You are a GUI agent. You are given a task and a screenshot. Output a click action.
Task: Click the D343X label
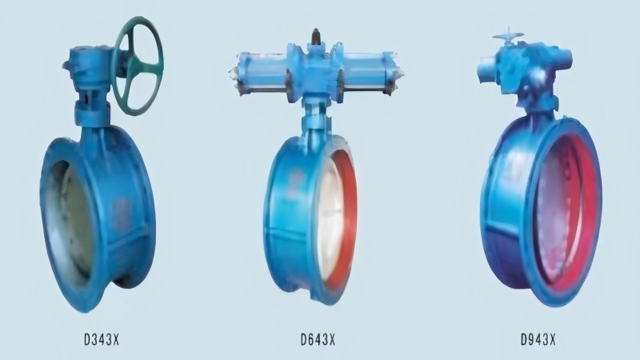102,339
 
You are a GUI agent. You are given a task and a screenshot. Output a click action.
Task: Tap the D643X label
318,339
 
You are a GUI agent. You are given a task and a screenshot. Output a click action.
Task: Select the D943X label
538,339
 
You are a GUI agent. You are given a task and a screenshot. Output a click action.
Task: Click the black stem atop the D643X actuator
316,36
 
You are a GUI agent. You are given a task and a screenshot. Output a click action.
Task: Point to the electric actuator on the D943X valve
525,70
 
